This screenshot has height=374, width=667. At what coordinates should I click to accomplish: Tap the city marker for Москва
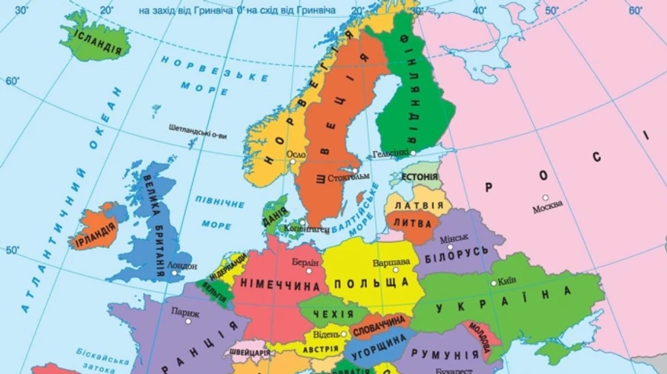click(x=545, y=198)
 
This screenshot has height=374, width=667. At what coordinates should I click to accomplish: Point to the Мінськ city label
click(x=454, y=238)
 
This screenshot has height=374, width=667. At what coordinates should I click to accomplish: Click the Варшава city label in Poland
click(x=390, y=262)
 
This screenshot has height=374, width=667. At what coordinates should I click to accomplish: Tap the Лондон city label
click(x=183, y=265)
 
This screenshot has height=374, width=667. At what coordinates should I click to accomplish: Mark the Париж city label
click(x=185, y=312)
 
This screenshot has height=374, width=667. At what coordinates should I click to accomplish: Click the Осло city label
click(x=296, y=154)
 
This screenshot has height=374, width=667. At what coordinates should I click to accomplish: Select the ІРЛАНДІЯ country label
click(x=95, y=230)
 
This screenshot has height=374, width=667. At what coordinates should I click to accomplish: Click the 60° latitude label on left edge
click(x=12, y=81)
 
